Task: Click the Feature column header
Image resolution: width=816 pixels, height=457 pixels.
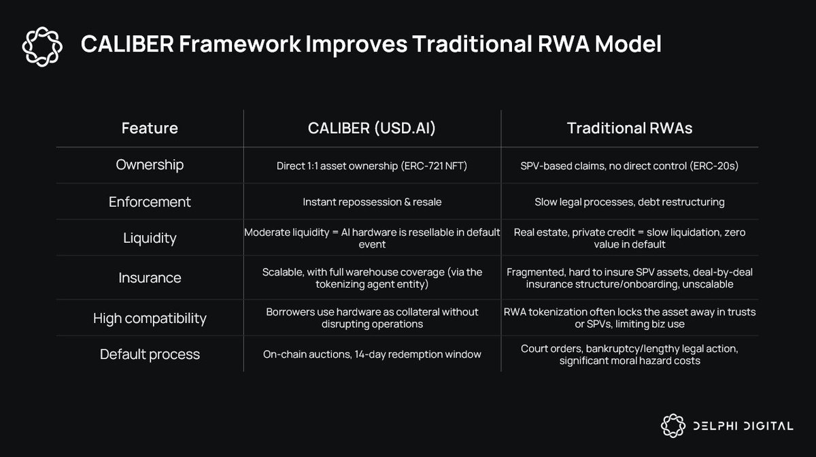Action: (x=150, y=128)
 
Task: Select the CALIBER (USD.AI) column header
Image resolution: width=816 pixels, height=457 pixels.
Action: (x=372, y=128)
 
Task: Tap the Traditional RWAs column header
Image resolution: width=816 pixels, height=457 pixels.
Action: (x=630, y=128)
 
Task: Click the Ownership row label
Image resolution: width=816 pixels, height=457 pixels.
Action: (x=150, y=165)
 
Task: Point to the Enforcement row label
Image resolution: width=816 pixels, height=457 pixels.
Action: (x=150, y=202)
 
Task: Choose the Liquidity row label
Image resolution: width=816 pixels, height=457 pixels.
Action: (x=150, y=238)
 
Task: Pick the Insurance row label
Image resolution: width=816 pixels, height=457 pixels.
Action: (x=150, y=277)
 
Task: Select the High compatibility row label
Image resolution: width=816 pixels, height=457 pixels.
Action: (x=150, y=318)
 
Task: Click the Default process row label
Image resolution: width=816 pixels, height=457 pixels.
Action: (x=150, y=354)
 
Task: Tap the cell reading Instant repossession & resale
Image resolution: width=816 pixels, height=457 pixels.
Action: (x=372, y=202)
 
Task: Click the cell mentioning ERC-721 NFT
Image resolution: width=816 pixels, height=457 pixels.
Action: (x=372, y=165)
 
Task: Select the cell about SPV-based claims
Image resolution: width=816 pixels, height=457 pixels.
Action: (x=630, y=165)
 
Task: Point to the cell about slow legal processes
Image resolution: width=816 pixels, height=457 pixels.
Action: (x=630, y=202)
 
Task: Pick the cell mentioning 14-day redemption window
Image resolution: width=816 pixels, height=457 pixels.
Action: (x=372, y=354)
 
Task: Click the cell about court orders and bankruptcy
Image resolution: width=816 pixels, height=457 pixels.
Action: (x=630, y=354)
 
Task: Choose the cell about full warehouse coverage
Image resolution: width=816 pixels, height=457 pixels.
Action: (x=372, y=277)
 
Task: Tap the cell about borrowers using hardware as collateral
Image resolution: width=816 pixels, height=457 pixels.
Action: (x=372, y=318)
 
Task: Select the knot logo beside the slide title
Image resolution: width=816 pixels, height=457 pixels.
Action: (x=42, y=46)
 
